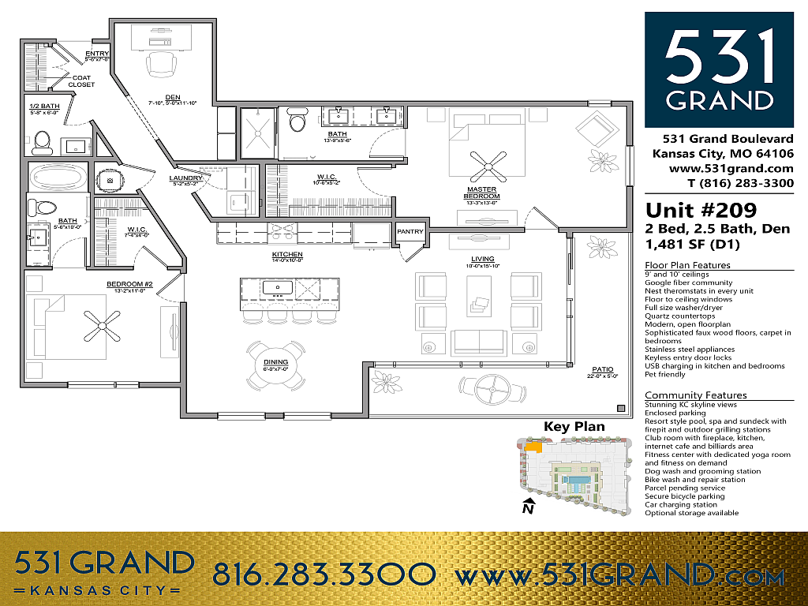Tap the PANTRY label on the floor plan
410,232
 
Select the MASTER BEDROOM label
483,193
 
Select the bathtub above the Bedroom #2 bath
59,176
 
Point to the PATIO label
604,368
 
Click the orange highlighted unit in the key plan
533,447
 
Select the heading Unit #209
701,211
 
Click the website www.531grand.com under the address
731,168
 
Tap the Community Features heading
695,395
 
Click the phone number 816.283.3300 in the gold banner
324,574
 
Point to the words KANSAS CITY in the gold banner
105,590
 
